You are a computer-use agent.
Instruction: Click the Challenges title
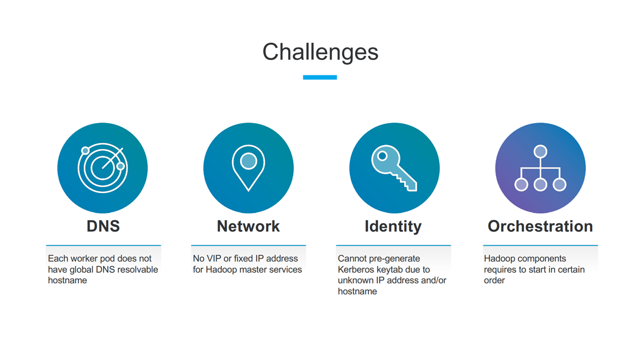[320, 52]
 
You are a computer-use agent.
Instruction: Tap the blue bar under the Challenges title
[319, 77]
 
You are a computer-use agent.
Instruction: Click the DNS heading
[103, 226]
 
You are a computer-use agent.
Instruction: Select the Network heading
[248, 226]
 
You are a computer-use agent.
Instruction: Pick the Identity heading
[393, 227]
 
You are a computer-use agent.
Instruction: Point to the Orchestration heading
[540, 226]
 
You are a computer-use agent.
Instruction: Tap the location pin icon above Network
[248, 168]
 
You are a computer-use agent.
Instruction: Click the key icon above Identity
[394, 168]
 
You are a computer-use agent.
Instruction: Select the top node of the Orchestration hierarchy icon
[540, 151]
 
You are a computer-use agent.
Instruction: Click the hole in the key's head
[382, 156]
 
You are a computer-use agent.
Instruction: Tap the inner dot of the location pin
[248, 161]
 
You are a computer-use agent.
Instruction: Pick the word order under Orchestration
[494, 280]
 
